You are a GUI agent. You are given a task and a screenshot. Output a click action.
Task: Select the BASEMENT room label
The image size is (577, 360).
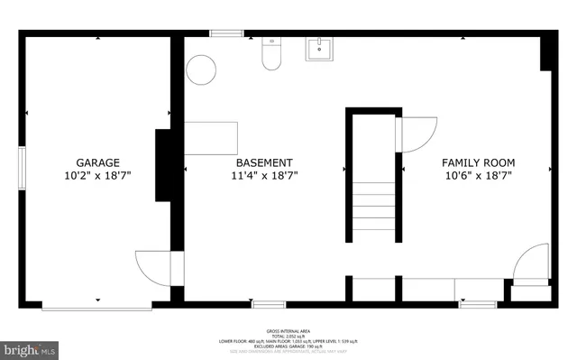pos(263,162)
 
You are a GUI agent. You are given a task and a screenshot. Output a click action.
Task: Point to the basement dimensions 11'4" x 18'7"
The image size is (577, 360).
pos(263,176)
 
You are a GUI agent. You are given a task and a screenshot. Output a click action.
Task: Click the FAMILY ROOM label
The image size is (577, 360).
pos(477,162)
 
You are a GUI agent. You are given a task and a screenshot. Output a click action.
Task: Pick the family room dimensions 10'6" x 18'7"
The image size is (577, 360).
pos(477,176)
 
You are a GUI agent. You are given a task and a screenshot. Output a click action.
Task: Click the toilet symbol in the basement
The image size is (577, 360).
pos(270,56)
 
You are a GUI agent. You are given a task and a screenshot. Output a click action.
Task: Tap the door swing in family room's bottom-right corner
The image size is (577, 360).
pos(530,263)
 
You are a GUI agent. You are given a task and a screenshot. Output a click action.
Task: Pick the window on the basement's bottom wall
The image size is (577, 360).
pos(269,305)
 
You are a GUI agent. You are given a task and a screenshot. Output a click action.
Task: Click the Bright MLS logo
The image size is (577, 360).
pos(31,347)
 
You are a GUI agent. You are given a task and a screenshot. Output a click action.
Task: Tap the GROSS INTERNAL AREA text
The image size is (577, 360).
pos(288,331)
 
